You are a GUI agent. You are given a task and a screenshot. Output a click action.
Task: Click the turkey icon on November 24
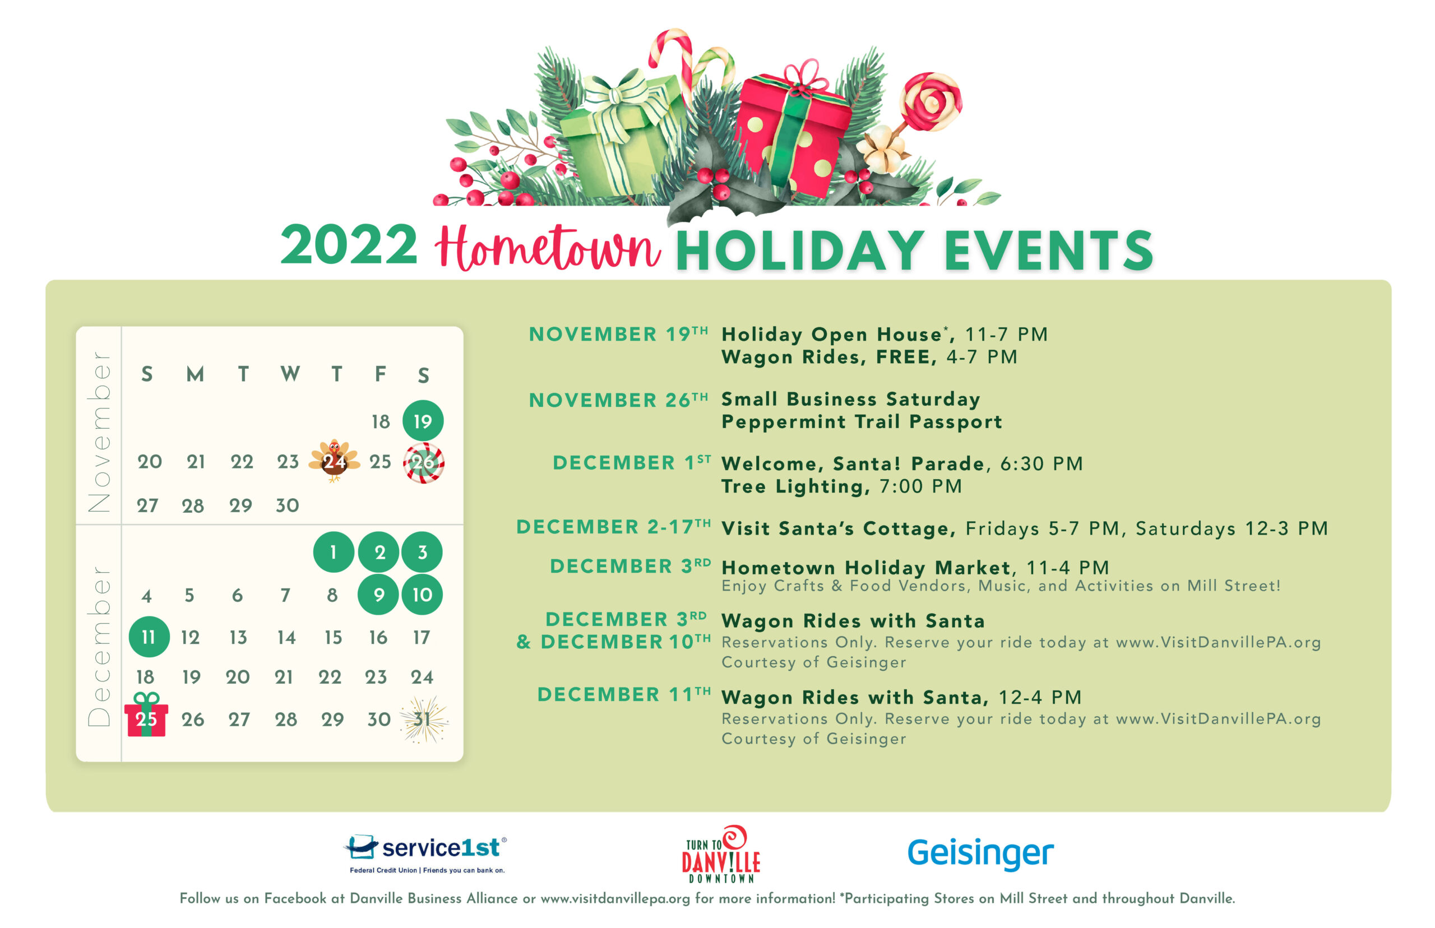[334, 461]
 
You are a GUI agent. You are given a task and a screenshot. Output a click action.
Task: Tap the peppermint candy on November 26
[423, 462]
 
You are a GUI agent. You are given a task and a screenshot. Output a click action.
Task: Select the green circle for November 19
[423, 420]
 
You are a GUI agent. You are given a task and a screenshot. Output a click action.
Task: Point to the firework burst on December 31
[424, 719]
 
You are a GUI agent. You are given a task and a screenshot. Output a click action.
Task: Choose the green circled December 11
[148, 637]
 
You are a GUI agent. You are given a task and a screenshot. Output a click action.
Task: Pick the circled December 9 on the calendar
[378, 594]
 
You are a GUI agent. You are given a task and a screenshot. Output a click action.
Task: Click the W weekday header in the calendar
[290, 374]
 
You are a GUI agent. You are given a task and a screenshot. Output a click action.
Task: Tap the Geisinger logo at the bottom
[980, 852]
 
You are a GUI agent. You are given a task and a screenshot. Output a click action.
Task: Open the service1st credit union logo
[425, 853]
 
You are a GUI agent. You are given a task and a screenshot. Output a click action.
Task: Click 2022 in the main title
[349, 245]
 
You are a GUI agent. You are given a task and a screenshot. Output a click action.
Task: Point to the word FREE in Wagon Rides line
[902, 357]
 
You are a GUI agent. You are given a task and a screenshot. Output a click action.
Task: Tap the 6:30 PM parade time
[1041, 463]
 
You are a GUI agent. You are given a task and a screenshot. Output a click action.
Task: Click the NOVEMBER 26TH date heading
[618, 400]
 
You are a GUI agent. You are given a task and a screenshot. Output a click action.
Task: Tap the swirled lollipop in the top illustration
[931, 103]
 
